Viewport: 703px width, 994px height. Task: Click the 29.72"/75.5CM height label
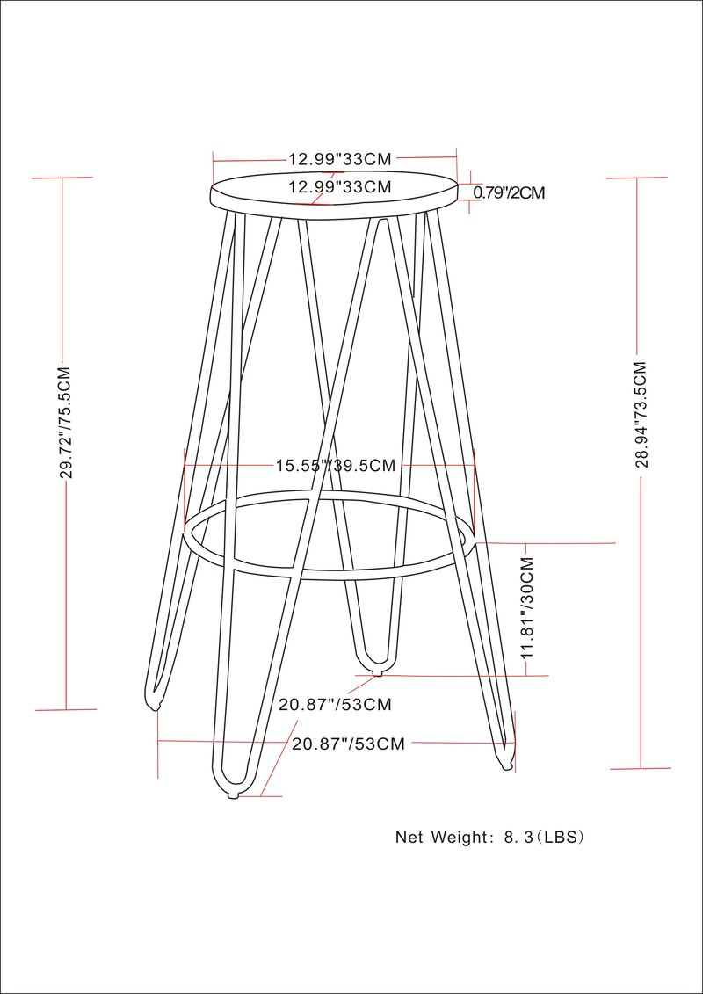(x=64, y=422)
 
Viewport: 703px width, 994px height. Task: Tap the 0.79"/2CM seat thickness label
(x=510, y=192)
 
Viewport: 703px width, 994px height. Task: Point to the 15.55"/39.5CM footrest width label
(x=336, y=465)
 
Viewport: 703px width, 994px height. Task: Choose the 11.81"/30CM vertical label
(x=527, y=608)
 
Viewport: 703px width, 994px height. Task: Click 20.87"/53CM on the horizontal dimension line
(x=349, y=744)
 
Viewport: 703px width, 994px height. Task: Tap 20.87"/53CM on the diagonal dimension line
(x=335, y=704)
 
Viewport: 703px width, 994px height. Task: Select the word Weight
(x=459, y=837)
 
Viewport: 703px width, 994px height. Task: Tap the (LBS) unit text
(x=560, y=837)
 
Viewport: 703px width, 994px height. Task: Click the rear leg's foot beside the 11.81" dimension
(x=379, y=672)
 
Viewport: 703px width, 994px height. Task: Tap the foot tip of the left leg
(x=156, y=706)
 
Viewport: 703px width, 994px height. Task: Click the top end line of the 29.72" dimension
(x=62, y=178)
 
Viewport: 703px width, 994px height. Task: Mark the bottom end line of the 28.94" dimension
(x=641, y=769)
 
